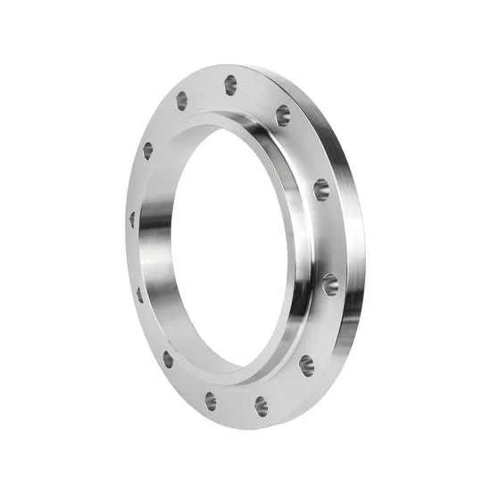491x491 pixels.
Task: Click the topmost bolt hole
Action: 230,85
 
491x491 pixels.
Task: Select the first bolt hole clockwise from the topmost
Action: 282,114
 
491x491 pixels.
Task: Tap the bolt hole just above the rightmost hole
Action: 320,189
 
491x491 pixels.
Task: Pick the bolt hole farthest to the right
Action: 330,284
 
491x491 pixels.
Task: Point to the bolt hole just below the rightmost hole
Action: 306,364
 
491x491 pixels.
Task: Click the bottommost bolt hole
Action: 262,406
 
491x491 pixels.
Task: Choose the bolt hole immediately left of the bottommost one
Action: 211,401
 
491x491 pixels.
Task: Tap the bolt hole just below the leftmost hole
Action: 140,294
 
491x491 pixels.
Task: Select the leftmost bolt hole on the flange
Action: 132,219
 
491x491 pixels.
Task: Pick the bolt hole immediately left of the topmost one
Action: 182,100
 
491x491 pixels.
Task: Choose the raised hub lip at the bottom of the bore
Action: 237,373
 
